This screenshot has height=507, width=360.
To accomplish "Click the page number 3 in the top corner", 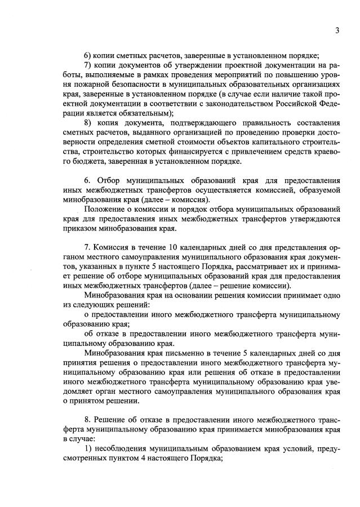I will pyautogui.click(x=337, y=31).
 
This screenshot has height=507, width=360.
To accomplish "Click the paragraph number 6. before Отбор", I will pyautogui.click(x=87, y=181).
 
